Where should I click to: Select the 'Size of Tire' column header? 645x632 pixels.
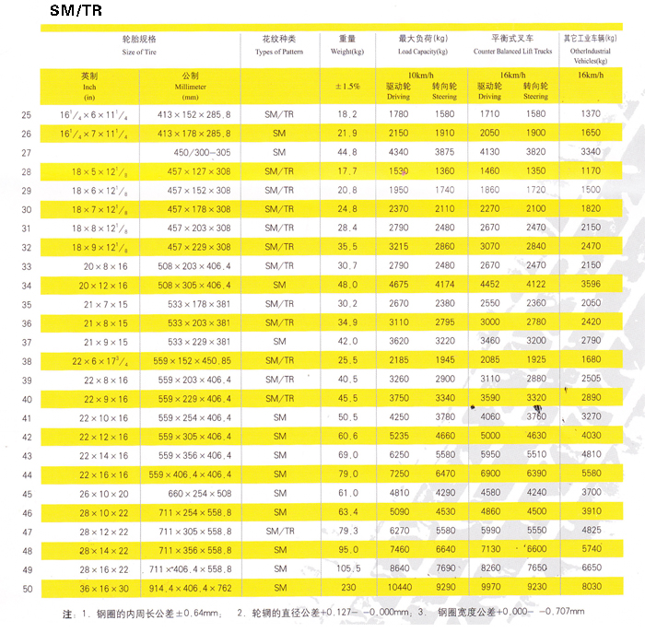[x=139, y=53]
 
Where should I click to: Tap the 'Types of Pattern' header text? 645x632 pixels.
[x=279, y=53]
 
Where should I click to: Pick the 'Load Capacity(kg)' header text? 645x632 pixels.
[x=423, y=53]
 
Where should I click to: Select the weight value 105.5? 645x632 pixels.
[x=347, y=569]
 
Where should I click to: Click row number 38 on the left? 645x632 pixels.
[x=26, y=361]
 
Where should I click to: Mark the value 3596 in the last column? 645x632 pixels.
[x=591, y=286]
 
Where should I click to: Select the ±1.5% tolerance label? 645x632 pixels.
[x=347, y=87]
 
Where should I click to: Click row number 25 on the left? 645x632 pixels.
[x=26, y=115]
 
